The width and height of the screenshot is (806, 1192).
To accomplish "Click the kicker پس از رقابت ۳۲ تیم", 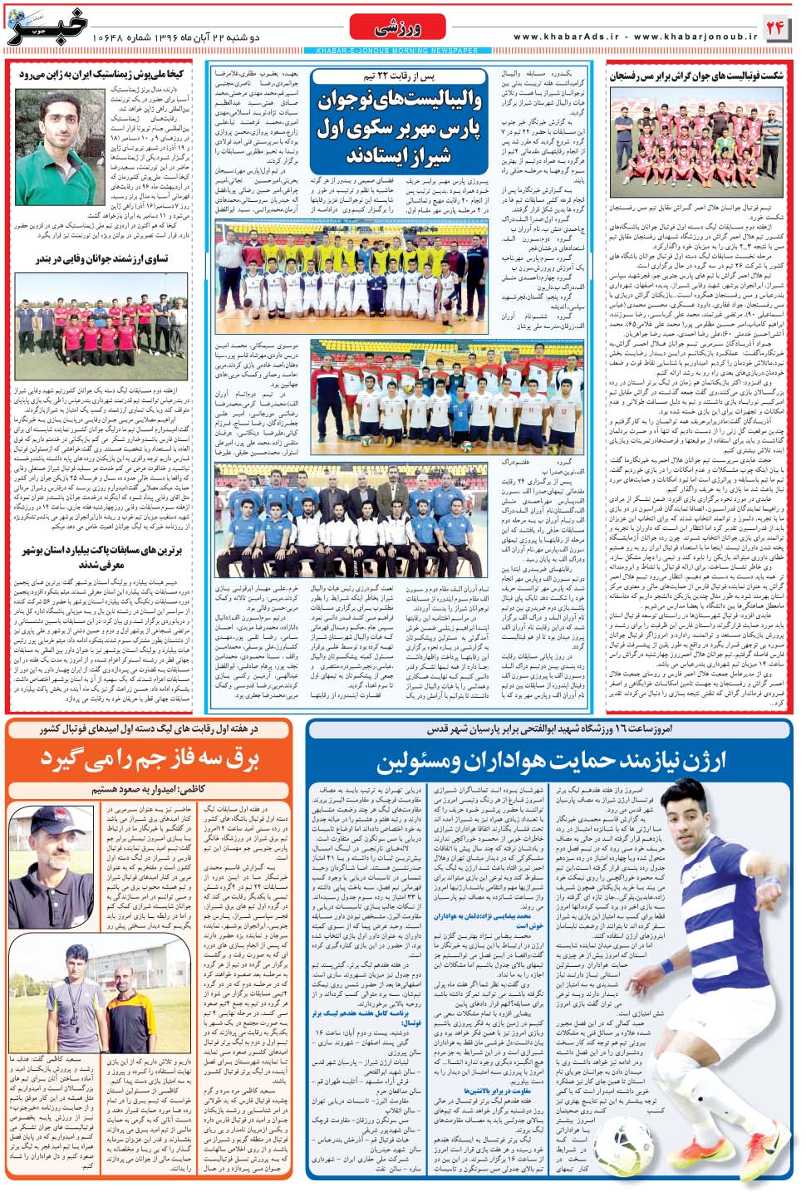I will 397,77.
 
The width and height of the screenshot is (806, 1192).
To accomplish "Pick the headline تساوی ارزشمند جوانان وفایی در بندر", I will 101,259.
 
